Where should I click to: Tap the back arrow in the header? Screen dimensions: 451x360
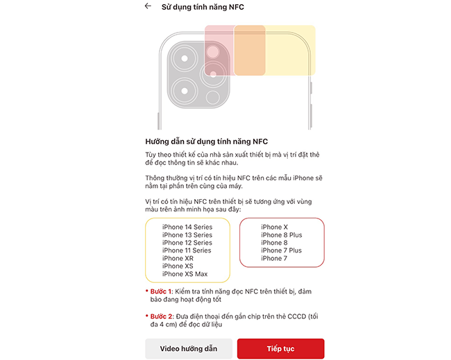click(148, 6)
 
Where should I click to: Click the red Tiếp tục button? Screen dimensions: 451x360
click(281, 348)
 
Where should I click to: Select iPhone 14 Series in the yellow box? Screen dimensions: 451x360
click(187, 227)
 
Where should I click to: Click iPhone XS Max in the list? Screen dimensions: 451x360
click(185, 274)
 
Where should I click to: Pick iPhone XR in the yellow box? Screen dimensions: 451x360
click(178, 258)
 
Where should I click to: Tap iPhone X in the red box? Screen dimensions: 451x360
click(274, 227)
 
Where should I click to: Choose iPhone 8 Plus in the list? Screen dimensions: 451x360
click(282, 235)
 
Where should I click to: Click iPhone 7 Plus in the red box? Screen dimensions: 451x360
click(281, 250)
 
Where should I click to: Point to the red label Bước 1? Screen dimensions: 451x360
click(161, 291)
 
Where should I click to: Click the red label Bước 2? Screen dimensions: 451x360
click(162, 316)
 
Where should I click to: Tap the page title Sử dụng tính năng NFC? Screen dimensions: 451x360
click(203, 7)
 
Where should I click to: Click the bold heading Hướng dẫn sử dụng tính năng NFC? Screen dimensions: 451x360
click(207, 142)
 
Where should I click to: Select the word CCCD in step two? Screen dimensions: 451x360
click(296, 316)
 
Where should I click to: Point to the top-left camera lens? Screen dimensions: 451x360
click(185, 58)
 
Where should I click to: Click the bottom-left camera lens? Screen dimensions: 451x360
click(185, 91)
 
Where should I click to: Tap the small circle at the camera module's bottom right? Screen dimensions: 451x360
click(213, 98)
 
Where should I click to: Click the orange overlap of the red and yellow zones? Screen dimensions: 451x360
click(250, 51)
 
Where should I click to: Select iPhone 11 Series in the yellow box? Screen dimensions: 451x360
click(187, 250)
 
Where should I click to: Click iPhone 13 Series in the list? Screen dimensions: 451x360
click(187, 235)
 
